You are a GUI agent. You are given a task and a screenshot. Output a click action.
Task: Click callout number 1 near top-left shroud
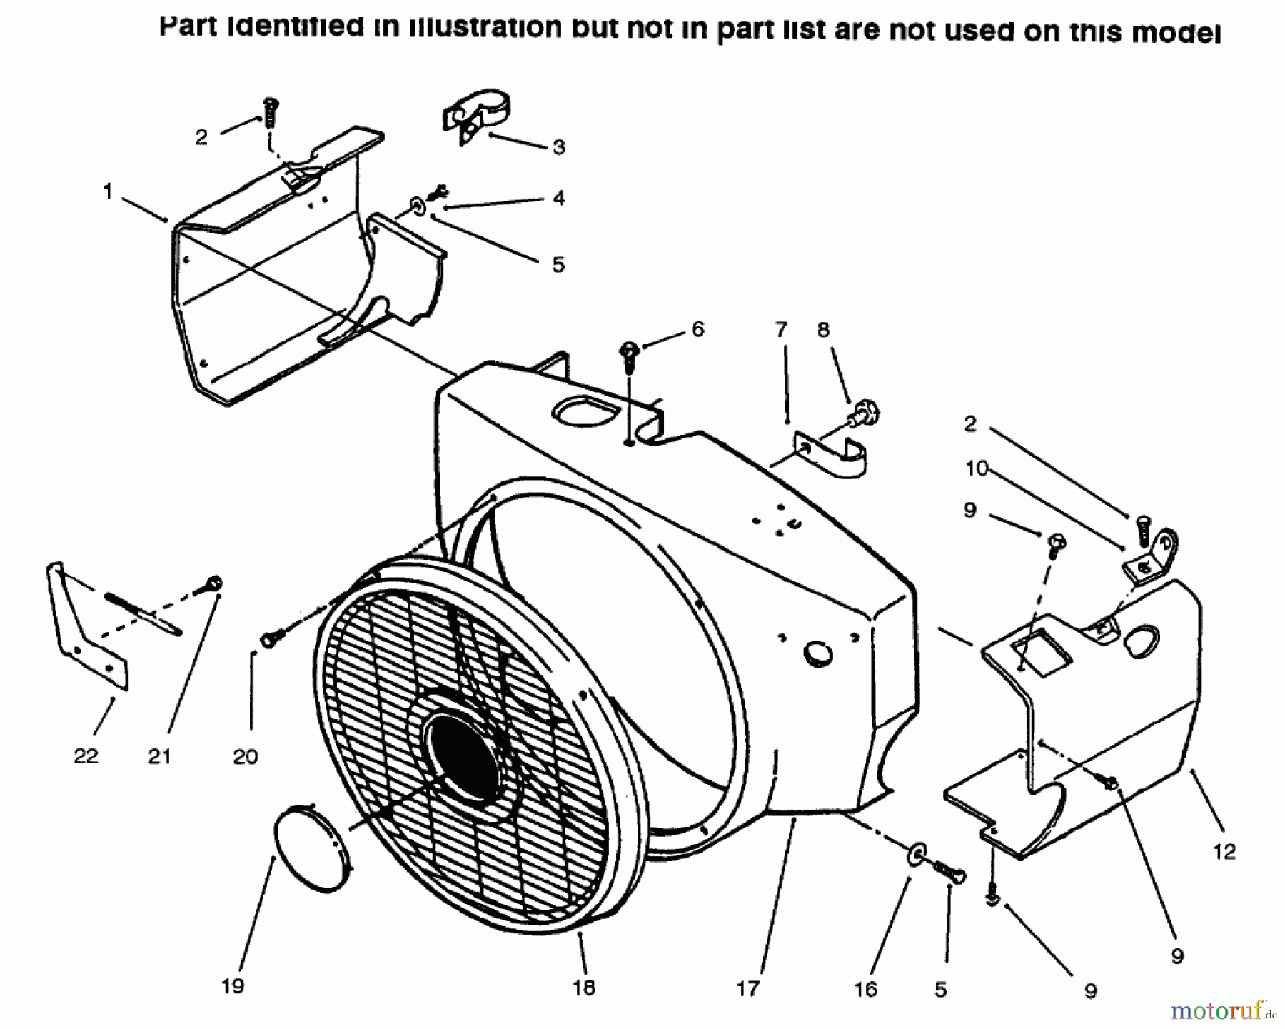pos(108,191)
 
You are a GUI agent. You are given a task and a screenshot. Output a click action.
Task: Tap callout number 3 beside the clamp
pos(558,147)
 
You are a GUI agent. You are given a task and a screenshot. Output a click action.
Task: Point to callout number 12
pos(1224,851)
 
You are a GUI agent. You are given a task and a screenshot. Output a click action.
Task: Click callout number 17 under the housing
pos(747,988)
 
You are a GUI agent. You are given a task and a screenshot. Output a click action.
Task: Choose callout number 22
pos(86,756)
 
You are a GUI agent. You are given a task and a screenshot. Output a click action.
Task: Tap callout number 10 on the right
pos(976,468)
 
